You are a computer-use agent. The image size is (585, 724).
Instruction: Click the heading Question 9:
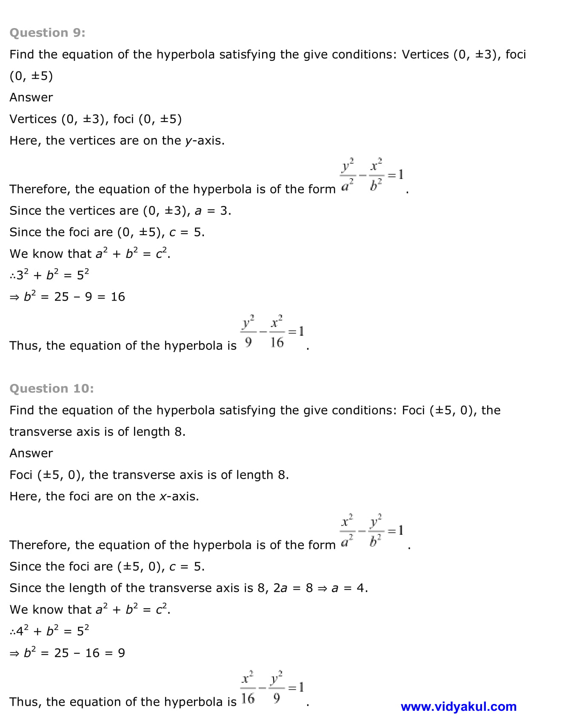(47, 33)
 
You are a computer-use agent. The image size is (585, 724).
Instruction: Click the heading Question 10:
(51, 389)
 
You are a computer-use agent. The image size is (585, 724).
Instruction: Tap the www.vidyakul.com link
(458, 707)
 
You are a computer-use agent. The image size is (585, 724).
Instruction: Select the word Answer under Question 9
(31, 97)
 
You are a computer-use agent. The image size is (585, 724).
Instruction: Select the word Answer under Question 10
(31, 453)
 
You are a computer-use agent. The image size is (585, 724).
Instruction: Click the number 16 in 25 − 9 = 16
(118, 297)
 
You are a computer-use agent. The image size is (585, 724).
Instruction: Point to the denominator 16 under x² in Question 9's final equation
(277, 342)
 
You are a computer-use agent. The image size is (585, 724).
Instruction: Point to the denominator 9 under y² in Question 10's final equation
(277, 698)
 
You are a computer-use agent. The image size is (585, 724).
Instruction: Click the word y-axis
(204, 141)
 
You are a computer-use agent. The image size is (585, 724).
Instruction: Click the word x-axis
(179, 497)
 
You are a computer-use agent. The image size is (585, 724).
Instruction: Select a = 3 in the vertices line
(212, 211)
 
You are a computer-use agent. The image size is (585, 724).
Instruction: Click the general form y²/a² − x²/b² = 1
(371, 175)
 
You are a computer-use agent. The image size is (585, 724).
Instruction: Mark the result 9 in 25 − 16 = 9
(121, 653)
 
